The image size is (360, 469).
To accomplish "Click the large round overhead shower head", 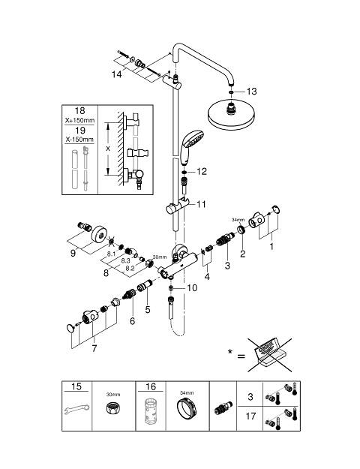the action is pos(232,116).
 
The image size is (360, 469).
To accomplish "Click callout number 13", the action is pos(251,92).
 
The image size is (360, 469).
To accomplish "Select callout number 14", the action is pos(116,74).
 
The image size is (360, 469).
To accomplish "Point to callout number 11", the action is pos(201,204).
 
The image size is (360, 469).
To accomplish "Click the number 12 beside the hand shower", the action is pos(202,171).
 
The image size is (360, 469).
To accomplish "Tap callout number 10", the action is pos(192,287).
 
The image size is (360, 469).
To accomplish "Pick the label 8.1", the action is pos(111,254).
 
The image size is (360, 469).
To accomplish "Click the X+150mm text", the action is pos(79,121).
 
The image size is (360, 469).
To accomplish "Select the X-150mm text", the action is pos(79,140).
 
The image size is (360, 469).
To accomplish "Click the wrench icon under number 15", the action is pos(76,409).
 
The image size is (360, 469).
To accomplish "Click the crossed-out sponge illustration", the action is pos(270,355).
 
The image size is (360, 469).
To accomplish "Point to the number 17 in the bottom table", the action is pos(250,416).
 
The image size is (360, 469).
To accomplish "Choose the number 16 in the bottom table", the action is pos(151,386).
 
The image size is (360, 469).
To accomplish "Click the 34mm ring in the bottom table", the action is pos(187,408).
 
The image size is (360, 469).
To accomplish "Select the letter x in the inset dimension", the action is pos(108,149).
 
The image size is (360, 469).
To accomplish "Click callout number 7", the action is pos(94,348).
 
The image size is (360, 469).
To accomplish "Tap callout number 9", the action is pos(73,253).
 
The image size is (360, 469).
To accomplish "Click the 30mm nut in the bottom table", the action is pos(113,407).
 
